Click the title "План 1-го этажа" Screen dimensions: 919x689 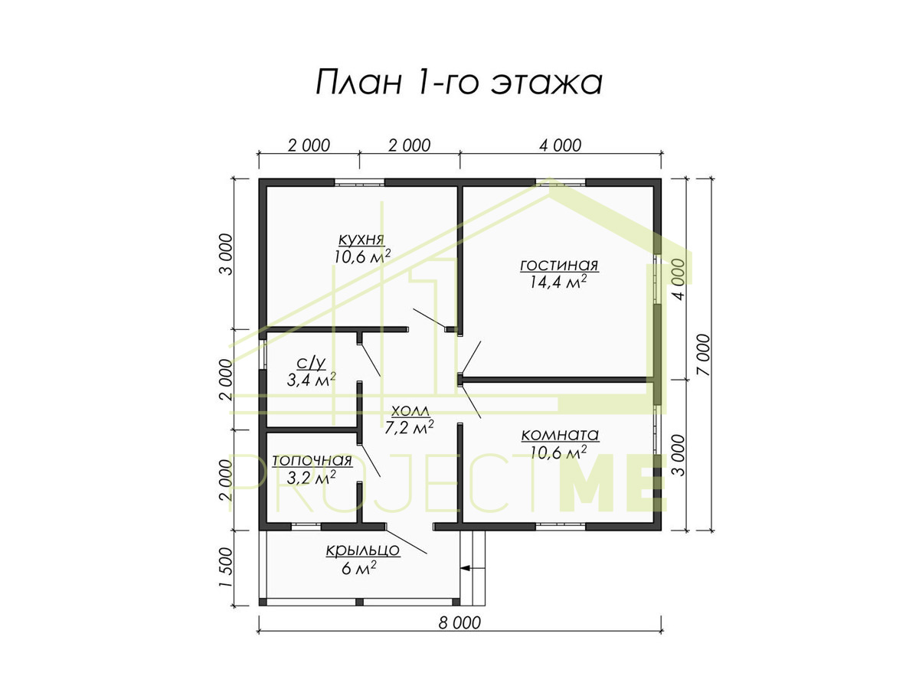tap(459, 82)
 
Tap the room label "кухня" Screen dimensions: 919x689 tap(361, 240)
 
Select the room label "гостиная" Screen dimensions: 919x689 tap(559, 265)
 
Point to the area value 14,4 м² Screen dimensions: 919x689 tap(558, 282)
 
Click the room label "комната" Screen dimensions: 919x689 tap(560, 435)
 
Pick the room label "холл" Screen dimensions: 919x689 tap(410, 411)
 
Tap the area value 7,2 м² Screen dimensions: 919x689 tap(409, 427)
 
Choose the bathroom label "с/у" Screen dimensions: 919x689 tap(311, 363)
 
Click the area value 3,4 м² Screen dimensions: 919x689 tap(311, 380)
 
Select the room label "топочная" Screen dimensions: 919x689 tap(312, 461)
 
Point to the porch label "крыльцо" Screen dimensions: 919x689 tap(363, 550)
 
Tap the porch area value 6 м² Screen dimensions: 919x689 tap(359, 568)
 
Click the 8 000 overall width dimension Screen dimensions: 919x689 tap(459, 623)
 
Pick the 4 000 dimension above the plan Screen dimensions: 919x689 tap(560, 145)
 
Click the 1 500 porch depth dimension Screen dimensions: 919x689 tap(226, 567)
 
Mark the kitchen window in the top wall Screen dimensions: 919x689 tap(359, 182)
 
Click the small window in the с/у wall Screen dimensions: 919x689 tap(263, 354)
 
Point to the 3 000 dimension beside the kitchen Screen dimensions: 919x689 tap(226, 254)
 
